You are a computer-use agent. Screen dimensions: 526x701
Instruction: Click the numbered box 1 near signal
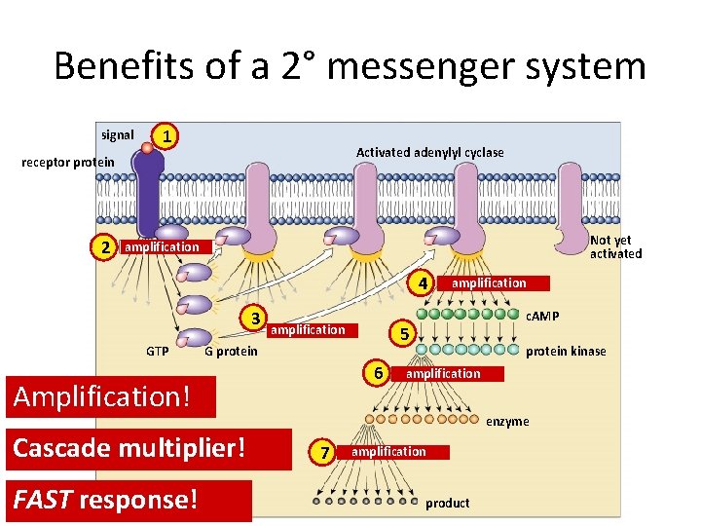click(x=168, y=136)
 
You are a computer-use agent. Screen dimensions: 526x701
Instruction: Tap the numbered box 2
click(x=107, y=247)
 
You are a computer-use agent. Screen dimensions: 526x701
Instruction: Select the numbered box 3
click(x=254, y=318)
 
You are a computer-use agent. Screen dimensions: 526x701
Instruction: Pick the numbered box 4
click(x=422, y=283)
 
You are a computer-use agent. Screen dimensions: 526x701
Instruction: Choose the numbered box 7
click(x=324, y=452)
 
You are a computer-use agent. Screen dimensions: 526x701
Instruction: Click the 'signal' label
click(x=118, y=135)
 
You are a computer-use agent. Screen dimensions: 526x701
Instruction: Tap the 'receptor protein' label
click(x=68, y=162)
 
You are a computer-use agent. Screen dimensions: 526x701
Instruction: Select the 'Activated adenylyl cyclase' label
click(x=429, y=152)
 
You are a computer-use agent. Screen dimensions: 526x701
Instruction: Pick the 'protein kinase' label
click(x=566, y=352)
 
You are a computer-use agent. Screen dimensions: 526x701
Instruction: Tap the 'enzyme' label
click(x=507, y=422)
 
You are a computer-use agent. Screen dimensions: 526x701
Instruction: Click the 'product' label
click(x=447, y=503)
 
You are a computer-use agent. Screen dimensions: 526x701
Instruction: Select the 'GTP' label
click(x=157, y=351)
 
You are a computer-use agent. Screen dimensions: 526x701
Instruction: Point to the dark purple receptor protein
click(x=149, y=195)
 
